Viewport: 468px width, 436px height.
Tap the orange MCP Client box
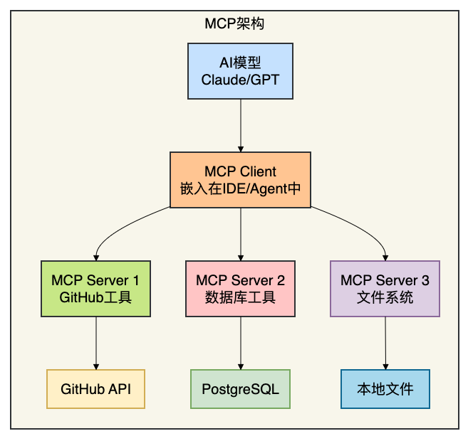point(240,180)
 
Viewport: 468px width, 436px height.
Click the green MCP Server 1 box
point(96,288)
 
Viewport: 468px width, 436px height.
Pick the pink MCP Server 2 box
point(240,288)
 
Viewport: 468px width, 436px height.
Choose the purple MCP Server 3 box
point(385,288)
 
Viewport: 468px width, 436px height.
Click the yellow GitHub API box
point(96,389)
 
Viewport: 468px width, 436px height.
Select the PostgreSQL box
point(240,389)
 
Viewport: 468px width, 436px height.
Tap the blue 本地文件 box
point(385,389)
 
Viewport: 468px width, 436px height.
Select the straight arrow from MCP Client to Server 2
point(240,233)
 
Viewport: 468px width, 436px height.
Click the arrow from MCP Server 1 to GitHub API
point(96,342)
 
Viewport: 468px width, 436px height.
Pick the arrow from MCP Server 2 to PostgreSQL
point(240,342)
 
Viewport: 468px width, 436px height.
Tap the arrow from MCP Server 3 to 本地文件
point(385,342)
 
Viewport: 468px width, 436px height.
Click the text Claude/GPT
point(240,80)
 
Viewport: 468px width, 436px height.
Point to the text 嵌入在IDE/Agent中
point(240,189)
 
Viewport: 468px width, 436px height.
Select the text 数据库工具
point(240,297)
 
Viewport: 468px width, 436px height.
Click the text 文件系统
point(385,297)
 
